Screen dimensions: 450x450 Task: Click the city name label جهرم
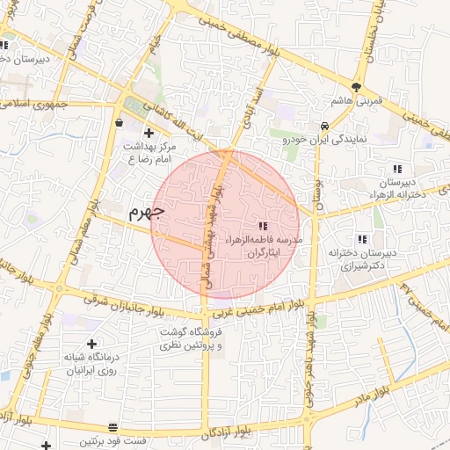[x=146, y=212]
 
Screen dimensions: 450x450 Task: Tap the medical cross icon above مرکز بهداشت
[x=161, y=132]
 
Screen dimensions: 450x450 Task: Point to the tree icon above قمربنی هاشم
[x=356, y=87]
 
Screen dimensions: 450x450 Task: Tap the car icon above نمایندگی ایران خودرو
[x=325, y=125]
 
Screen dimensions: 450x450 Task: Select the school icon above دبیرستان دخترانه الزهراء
[x=397, y=169]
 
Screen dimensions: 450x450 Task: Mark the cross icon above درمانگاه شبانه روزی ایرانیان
[x=92, y=344]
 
